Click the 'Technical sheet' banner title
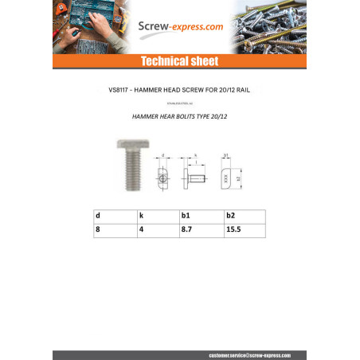click(179, 61)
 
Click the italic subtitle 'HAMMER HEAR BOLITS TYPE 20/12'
click(180, 115)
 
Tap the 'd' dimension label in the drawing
click(162, 157)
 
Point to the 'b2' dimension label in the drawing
click(238, 180)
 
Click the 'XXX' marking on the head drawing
click(226, 180)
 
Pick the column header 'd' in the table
click(98, 215)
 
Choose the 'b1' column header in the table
click(186, 215)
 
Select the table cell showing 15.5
click(233, 229)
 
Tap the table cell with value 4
click(141, 229)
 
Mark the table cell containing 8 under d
click(98, 229)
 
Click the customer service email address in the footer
click(249, 354)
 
